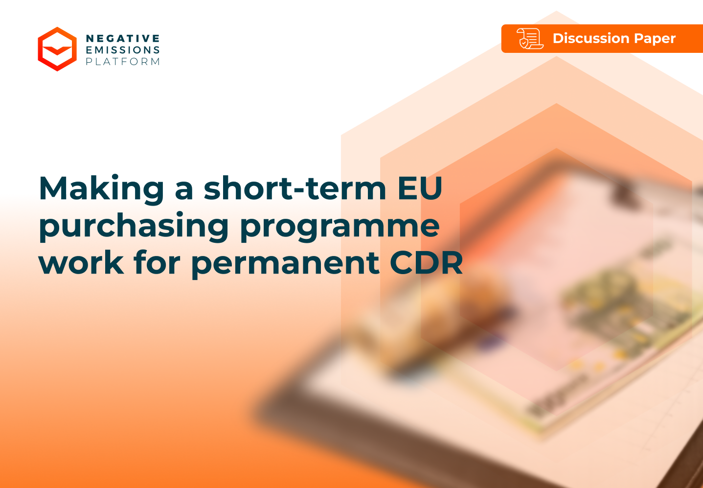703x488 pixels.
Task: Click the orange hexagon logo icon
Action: (57, 49)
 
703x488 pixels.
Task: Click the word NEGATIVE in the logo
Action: (123, 39)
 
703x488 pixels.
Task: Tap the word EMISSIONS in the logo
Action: (123, 50)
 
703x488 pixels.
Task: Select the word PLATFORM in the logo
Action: (123, 62)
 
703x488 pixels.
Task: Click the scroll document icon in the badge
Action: (530, 39)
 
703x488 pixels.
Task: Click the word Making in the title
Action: (101, 189)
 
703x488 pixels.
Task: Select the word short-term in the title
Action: (295, 189)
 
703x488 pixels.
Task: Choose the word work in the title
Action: (81, 263)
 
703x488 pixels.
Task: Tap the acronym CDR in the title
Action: (426, 263)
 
